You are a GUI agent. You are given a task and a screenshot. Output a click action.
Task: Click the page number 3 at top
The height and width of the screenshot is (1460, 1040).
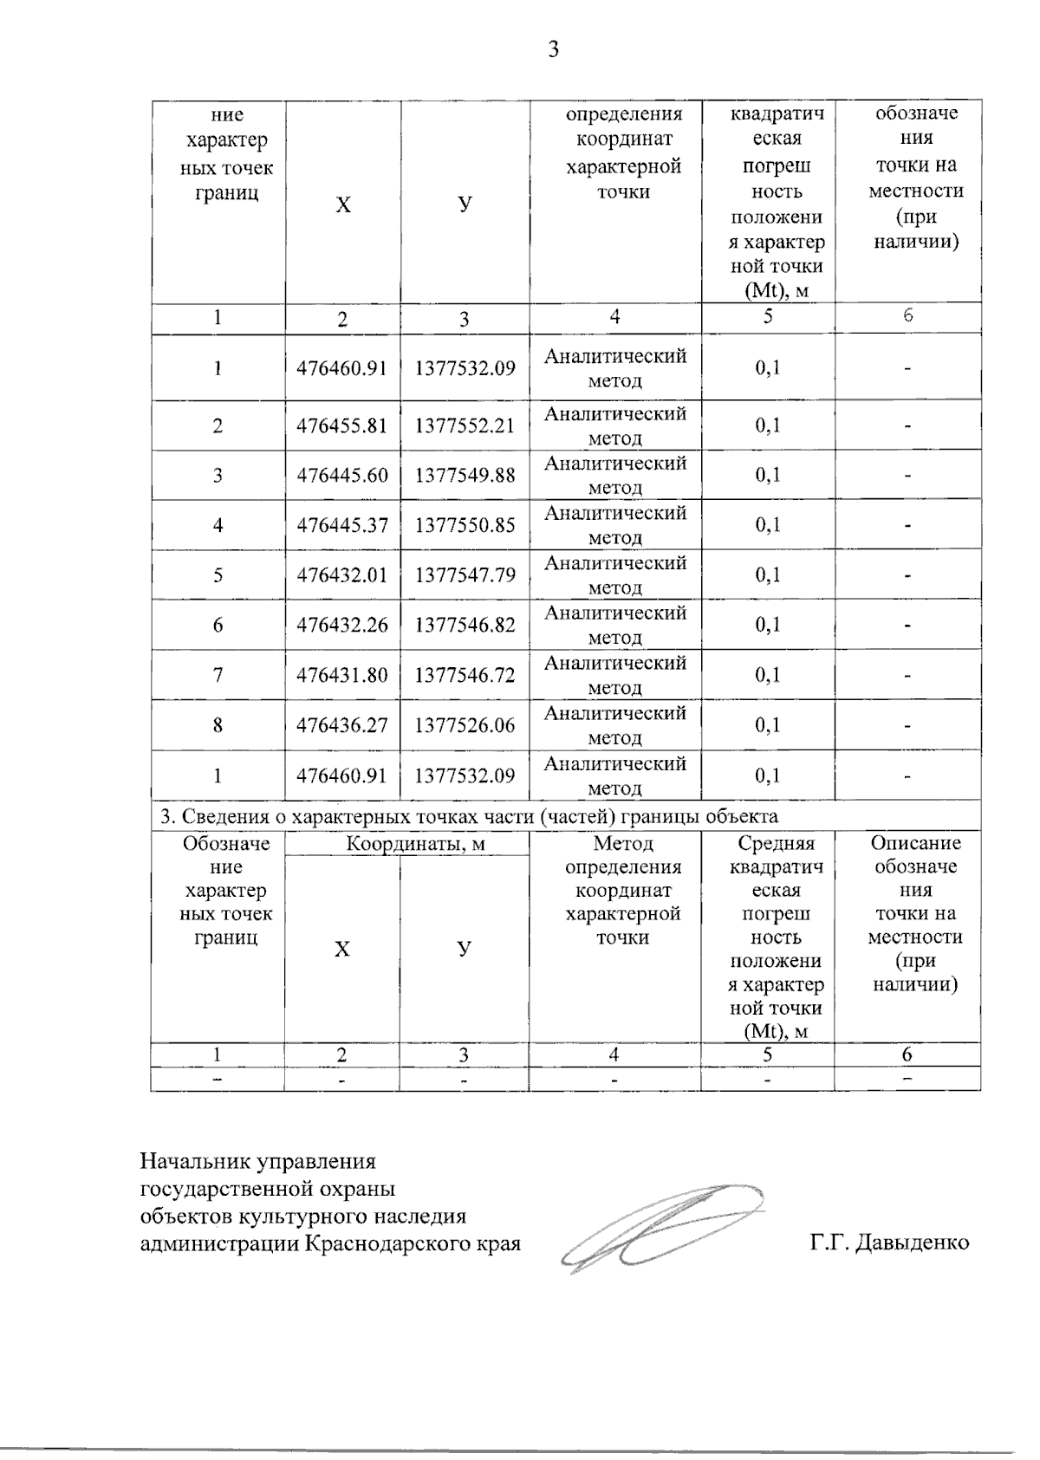pos(554,49)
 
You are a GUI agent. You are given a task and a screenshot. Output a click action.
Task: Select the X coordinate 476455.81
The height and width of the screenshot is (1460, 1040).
pos(341,425)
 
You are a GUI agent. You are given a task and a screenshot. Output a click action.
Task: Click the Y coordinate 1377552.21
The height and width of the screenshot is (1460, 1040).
pos(465,425)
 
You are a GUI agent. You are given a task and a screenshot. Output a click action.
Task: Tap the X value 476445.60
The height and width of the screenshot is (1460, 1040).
pos(341,475)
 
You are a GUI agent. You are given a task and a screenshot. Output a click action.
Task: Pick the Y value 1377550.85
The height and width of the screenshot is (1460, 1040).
pos(465,525)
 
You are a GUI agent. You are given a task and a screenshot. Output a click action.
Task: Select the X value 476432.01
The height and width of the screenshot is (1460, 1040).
pos(341,575)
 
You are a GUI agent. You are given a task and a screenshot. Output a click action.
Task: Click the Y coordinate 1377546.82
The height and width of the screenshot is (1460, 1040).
pos(465,625)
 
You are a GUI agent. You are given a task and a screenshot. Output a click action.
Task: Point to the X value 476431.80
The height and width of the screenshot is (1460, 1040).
pos(341,675)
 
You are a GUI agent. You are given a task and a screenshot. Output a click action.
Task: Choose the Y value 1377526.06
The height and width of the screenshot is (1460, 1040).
pos(465,725)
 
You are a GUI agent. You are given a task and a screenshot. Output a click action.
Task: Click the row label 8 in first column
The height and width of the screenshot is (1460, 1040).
pos(218,725)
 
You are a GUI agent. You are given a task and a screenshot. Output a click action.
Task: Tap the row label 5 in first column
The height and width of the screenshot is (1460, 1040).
pos(218,575)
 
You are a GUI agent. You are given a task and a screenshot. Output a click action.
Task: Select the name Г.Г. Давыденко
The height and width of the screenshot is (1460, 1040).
pos(889,1243)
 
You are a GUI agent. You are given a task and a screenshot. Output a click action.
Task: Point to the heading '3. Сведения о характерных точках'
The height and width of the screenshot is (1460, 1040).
pos(468,815)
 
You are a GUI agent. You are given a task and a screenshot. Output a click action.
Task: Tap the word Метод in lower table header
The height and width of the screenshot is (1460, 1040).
pos(623,844)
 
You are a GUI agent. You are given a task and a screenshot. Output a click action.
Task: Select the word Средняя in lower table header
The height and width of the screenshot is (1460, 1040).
pos(776,844)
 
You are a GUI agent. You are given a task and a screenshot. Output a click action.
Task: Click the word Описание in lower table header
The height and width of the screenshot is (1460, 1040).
pos(916,844)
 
